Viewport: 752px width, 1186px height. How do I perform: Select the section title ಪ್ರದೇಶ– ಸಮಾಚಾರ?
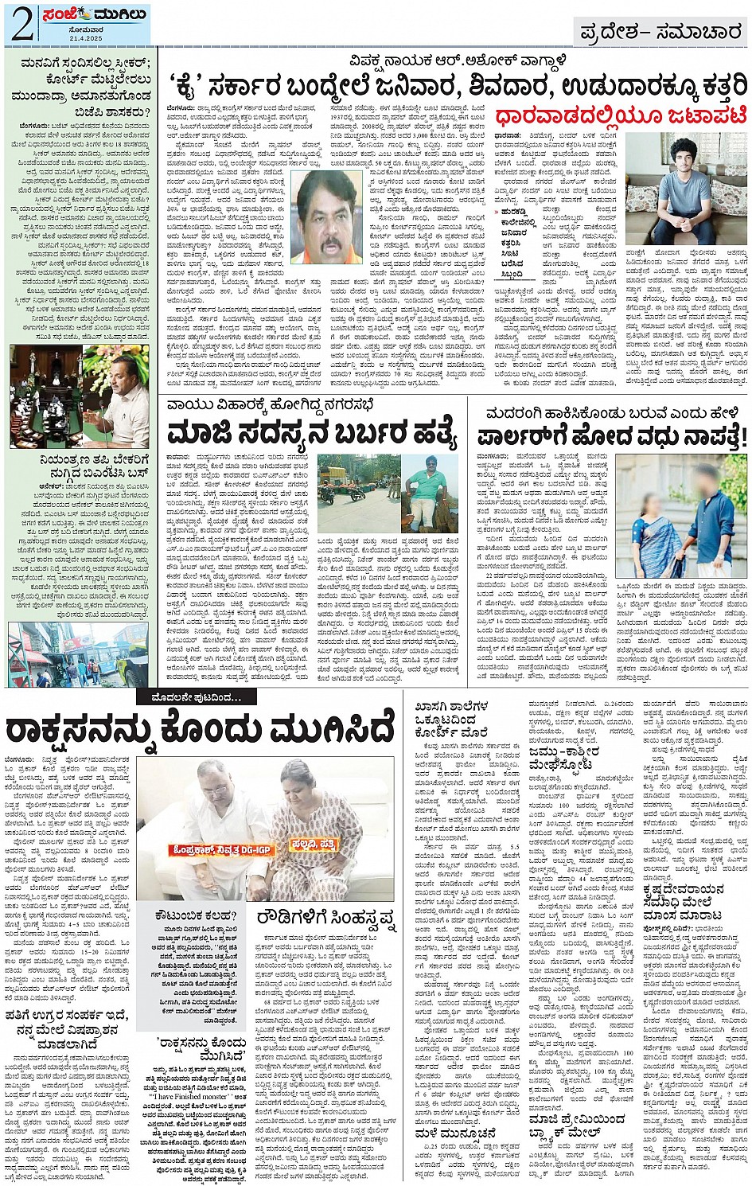click(660, 32)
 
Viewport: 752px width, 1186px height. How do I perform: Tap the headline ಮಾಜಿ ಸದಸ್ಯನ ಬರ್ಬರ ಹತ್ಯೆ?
click(313, 435)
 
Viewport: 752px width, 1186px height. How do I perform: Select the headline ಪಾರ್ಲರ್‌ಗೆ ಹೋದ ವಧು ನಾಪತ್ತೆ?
click(613, 436)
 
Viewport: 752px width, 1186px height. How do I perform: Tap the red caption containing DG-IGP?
click(213, 850)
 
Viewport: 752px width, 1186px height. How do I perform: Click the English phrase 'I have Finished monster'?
click(188, 1096)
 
